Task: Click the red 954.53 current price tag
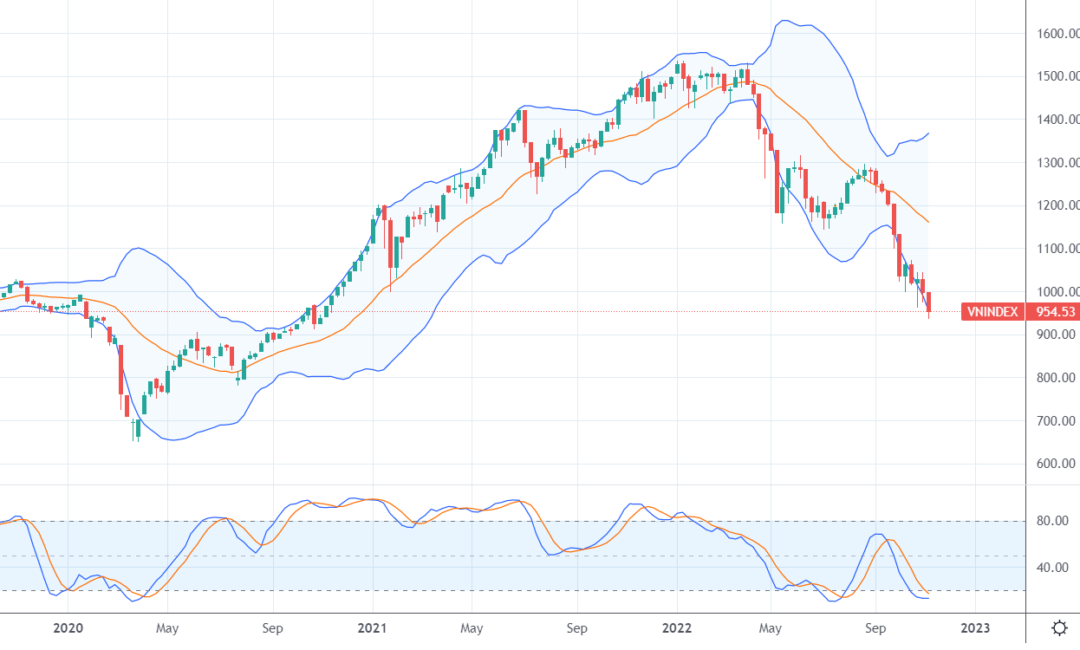tap(1051, 312)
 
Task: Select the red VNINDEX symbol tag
tap(992, 312)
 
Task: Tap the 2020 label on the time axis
tap(68, 627)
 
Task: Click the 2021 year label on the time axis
tap(373, 627)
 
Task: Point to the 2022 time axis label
tap(678, 627)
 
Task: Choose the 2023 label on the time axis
tap(975, 627)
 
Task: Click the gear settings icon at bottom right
tap(1058, 627)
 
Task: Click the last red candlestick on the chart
tap(928, 302)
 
